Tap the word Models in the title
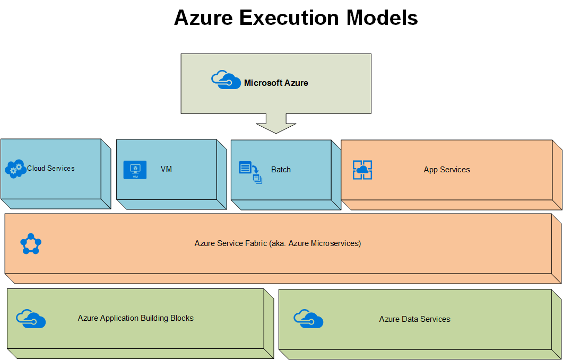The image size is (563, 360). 382,18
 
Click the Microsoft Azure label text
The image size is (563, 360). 276,83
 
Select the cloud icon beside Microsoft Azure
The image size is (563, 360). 226,81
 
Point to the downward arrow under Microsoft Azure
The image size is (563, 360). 276,125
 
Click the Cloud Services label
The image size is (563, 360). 51,168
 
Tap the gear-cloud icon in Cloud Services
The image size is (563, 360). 15,169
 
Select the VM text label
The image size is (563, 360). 166,169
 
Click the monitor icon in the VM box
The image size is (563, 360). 135,170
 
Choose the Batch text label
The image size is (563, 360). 281,170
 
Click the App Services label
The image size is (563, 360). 447,170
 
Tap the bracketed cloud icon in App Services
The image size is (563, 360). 362,170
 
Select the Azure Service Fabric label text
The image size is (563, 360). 278,243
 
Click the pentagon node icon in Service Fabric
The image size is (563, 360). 31,244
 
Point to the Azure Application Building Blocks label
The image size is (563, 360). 136,318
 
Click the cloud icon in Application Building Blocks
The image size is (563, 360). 31,319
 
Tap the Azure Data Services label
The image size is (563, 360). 415,319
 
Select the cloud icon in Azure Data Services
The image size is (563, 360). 308,319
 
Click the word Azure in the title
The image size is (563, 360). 203,18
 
